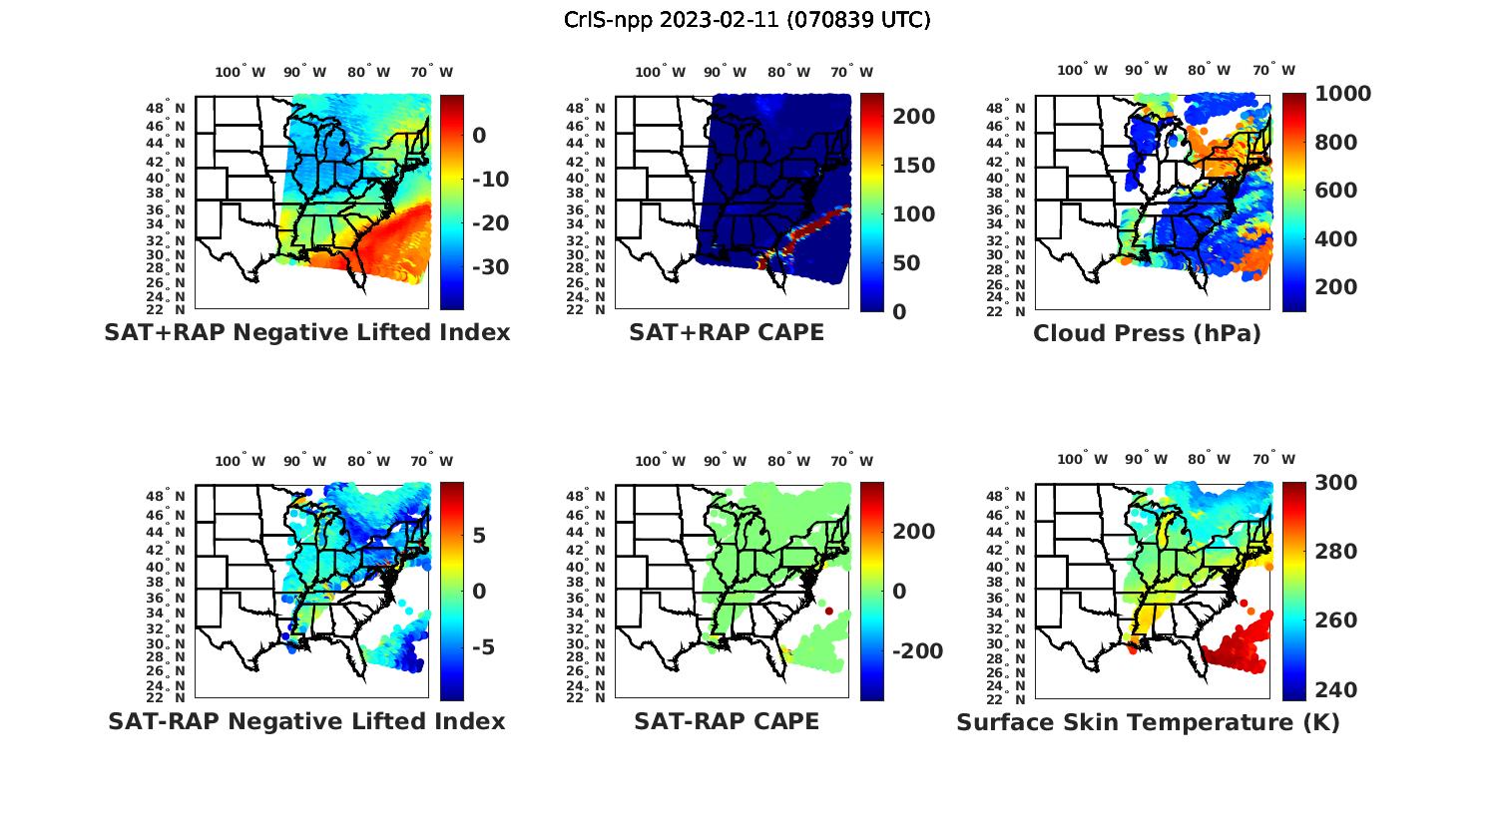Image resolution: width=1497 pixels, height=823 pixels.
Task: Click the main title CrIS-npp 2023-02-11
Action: click(747, 20)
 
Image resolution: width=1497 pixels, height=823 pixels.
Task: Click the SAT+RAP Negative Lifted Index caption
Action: click(306, 332)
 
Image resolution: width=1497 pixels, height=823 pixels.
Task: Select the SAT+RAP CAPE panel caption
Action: click(727, 332)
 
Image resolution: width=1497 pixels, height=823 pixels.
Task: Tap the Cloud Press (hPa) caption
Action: click(1147, 333)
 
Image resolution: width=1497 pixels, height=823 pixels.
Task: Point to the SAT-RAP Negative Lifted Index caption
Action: click(306, 721)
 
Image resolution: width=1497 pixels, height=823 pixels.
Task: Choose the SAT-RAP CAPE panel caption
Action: click(727, 721)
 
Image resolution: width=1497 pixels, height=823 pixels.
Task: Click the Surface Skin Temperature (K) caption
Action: click(1148, 722)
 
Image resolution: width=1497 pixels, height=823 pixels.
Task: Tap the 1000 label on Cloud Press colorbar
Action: click(1342, 94)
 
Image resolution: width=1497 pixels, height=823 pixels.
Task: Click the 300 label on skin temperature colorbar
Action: click(1334, 483)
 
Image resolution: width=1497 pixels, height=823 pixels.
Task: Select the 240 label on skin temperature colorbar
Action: click(1334, 690)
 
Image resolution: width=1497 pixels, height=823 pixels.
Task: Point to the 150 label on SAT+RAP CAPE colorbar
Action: click(912, 166)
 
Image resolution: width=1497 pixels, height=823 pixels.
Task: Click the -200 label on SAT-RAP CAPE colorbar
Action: click(915, 651)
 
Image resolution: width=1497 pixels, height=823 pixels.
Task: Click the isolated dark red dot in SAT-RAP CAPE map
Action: click(829, 612)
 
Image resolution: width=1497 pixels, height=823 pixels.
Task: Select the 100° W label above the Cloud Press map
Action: click(1083, 71)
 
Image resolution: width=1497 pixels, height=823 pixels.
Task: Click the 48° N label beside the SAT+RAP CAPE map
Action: click(585, 108)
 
